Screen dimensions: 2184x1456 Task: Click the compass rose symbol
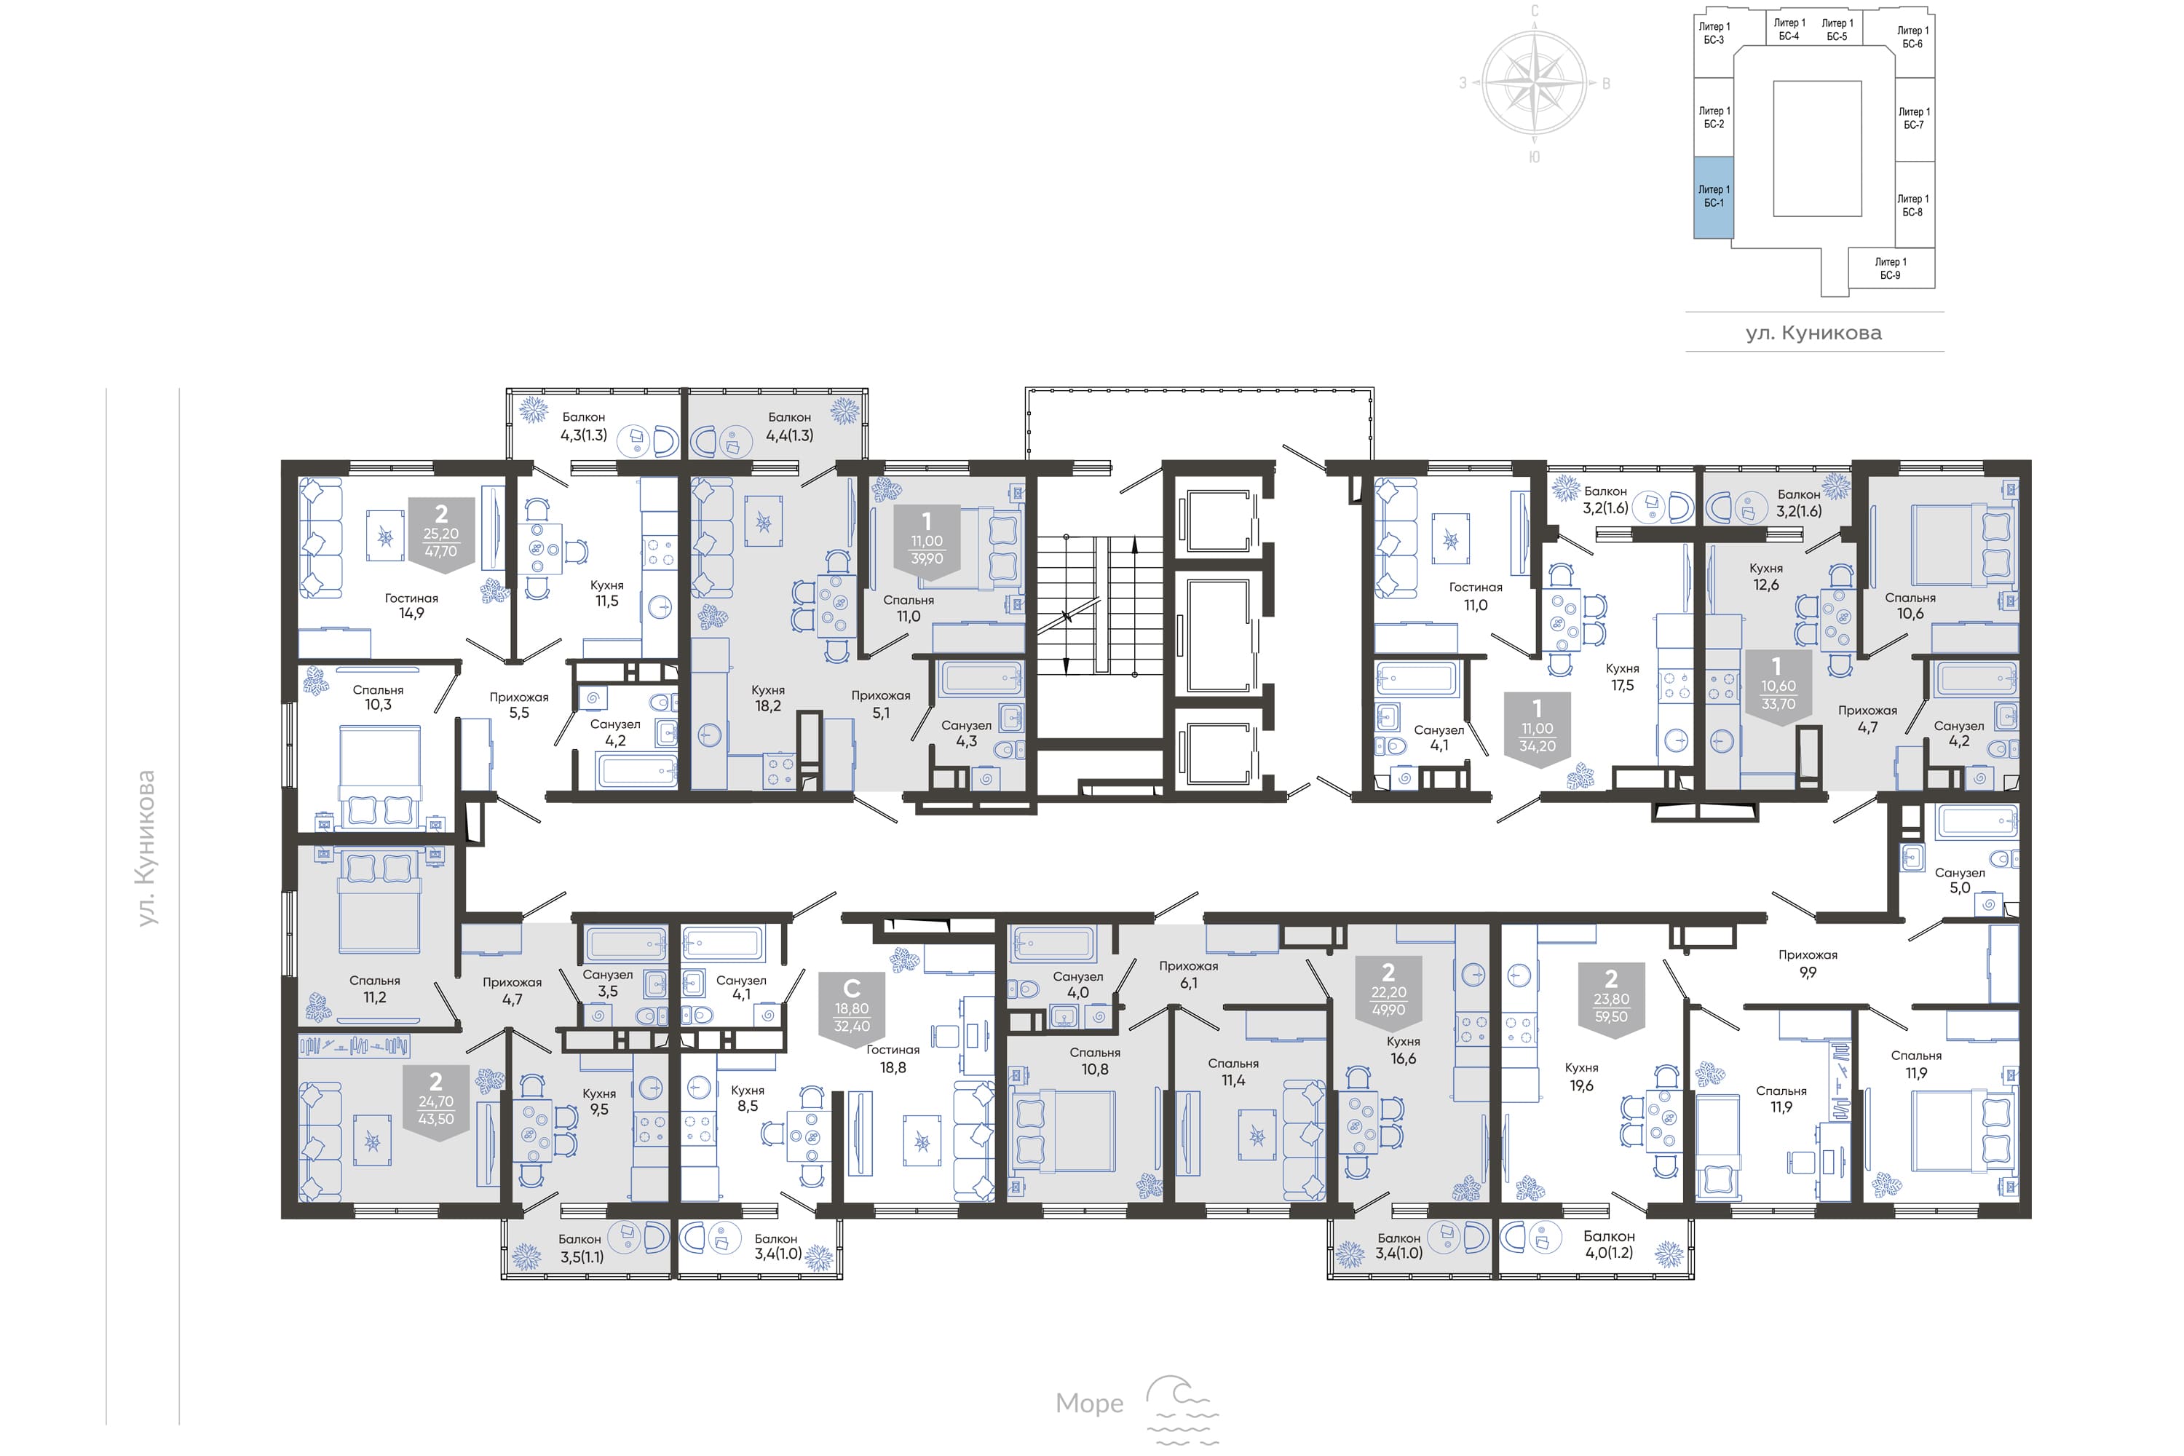(x=1535, y=84)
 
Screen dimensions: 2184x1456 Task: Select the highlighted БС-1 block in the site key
(x=1713, y=197)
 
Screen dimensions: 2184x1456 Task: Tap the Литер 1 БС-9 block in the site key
(x=1891, y=269)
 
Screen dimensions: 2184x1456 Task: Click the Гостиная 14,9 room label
(x=411, y=606)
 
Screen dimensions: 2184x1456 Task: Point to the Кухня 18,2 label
(x=768, y=698)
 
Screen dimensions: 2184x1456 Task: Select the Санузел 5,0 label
(x=1959, y=880)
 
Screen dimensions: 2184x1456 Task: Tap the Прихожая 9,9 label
(x=1808, y=963)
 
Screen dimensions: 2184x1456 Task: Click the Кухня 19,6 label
(x=1581, y=1076)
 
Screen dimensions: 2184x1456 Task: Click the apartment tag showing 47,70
(x=441, y=535)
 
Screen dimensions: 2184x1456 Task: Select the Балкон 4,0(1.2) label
(x=1609, y=1244)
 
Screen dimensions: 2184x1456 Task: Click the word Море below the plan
(x=1089, y=1403)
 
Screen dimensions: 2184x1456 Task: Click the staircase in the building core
(x=1099, y=606)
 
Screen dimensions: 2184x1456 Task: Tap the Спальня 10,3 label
(x=378, y=697)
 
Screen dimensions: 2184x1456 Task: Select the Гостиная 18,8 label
(x=893, y=1059)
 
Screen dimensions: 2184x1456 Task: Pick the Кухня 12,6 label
(x=1766, y=576)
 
